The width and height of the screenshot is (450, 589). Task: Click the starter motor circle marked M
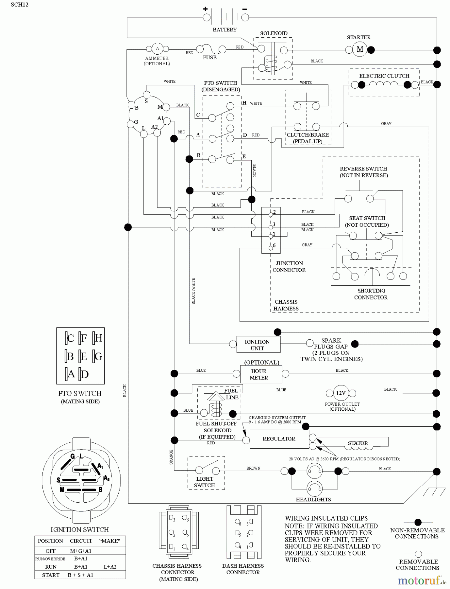coord(359,49)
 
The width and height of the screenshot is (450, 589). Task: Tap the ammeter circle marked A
coord(157,49)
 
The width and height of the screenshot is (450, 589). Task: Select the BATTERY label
coord(225,30)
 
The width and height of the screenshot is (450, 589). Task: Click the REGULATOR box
coord(279,439)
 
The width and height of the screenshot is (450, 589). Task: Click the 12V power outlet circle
coord(341,393)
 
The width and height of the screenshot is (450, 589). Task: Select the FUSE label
coord(209,58)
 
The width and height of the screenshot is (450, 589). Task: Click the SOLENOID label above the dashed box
coord(274,33)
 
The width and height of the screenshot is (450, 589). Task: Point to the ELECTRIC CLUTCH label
coord(384,76)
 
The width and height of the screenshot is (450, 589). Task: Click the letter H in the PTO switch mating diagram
coord(98,338)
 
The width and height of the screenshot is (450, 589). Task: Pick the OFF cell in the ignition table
coord(51,551)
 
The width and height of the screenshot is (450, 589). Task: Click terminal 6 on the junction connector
coord(271,248)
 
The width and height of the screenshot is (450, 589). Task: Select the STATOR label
coord(358,443)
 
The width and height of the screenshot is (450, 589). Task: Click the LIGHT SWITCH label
coord(205,482)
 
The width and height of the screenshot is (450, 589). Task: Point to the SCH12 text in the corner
coord(20,5)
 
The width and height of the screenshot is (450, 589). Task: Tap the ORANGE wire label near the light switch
coord(171,457)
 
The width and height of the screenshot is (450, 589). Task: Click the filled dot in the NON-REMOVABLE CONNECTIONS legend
coord(418,523)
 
